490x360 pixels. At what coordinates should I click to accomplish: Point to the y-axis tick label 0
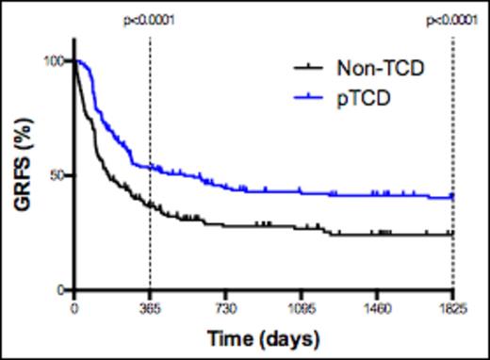pos(59,290)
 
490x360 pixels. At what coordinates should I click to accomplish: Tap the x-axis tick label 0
pos(73,308)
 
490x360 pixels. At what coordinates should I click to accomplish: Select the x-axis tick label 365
pos(150,308)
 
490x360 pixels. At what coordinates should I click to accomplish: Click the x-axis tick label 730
pos(225,308)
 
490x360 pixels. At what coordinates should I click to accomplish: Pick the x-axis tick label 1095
pos(301,308)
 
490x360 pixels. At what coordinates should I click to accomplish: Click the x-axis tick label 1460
pos(377,308)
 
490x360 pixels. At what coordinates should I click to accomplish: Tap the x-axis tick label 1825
pos(452,308)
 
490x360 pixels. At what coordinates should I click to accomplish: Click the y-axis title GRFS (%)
pos(19,175)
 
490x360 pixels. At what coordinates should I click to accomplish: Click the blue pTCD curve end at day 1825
pos(452,197)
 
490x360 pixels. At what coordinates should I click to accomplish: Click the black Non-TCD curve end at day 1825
pos(452,234)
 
